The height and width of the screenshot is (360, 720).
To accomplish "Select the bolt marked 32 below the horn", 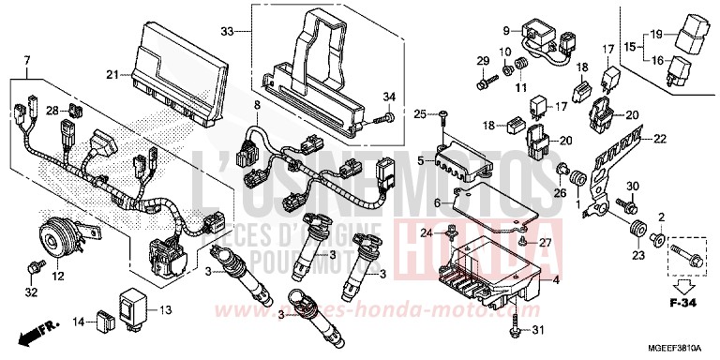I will pos(35,268).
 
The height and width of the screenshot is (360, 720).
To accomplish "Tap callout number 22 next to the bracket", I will pos(660,140).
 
